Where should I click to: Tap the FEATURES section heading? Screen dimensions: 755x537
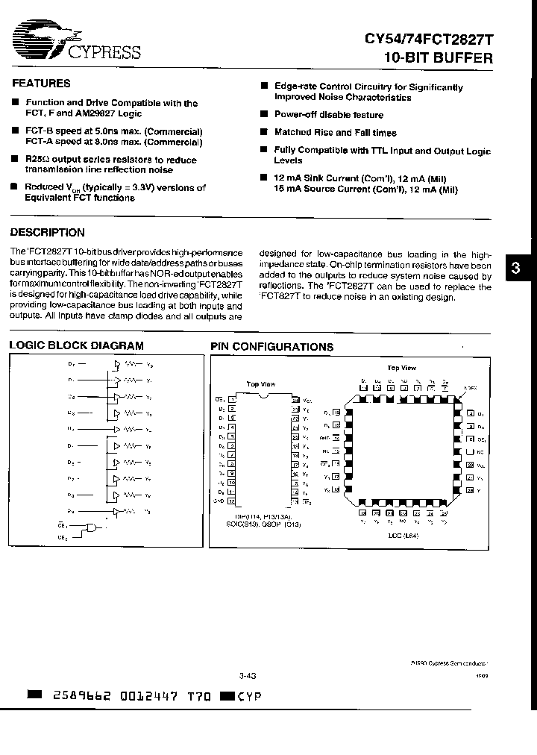click(40, 84)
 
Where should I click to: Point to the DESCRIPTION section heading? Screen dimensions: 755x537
click(47, 233)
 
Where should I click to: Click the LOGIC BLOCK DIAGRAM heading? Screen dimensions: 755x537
click(75, 345)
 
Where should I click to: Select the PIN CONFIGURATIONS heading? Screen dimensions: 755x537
click(271, 347)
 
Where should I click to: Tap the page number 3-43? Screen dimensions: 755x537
click(248, 676)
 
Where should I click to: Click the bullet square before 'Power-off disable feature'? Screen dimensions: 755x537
click(264, 114)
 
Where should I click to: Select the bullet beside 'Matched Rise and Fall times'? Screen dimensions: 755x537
click(264, 132)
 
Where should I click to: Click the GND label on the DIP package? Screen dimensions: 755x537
click(219, 500)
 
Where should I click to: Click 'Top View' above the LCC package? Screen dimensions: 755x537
click(401, 368)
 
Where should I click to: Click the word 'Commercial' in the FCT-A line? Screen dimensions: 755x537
click(174, 141)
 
